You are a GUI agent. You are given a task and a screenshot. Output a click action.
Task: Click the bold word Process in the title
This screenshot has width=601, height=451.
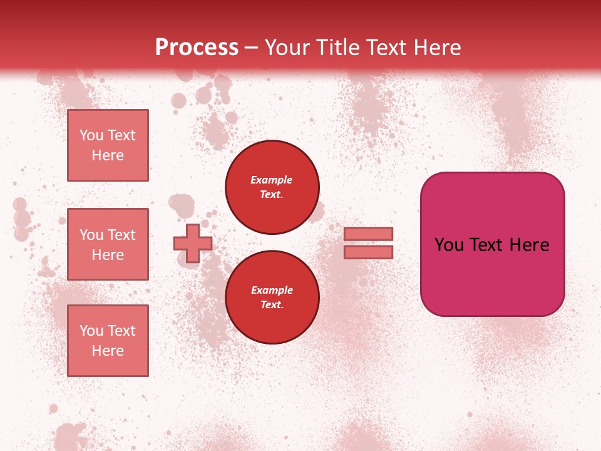tap(197, 48)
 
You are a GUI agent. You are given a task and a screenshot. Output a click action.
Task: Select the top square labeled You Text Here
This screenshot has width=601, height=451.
tap(108, 145)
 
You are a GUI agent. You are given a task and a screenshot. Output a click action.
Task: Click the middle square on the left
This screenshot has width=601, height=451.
tap(108, 244)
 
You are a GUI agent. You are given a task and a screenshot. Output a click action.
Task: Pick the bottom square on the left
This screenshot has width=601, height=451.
tap(108, 341)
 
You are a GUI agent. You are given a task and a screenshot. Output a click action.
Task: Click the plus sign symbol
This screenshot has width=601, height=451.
tap(192, 243)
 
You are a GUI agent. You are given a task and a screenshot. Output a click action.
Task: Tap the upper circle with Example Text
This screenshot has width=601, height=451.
tap(272, 187)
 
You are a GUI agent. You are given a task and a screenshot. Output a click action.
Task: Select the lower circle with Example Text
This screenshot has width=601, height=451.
tap(272, 298)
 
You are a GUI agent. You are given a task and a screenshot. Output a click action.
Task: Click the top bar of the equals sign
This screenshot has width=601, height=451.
tap(368, 234)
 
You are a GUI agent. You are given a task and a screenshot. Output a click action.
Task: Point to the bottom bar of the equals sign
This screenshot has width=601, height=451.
tap(368, 252)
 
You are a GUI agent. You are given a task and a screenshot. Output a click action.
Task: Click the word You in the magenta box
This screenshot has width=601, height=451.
tap(449, 245)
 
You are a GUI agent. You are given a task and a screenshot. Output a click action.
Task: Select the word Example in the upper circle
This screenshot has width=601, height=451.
tap(272, 180)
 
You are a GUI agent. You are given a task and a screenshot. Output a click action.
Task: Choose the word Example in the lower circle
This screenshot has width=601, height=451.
tap(272, 290)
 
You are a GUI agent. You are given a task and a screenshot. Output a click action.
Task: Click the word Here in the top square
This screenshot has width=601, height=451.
tap(108, 155)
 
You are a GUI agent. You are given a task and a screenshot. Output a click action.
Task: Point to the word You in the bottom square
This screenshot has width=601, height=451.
tap(92, 331)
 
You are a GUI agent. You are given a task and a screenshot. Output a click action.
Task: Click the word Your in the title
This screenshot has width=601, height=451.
tap(287, 48)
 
